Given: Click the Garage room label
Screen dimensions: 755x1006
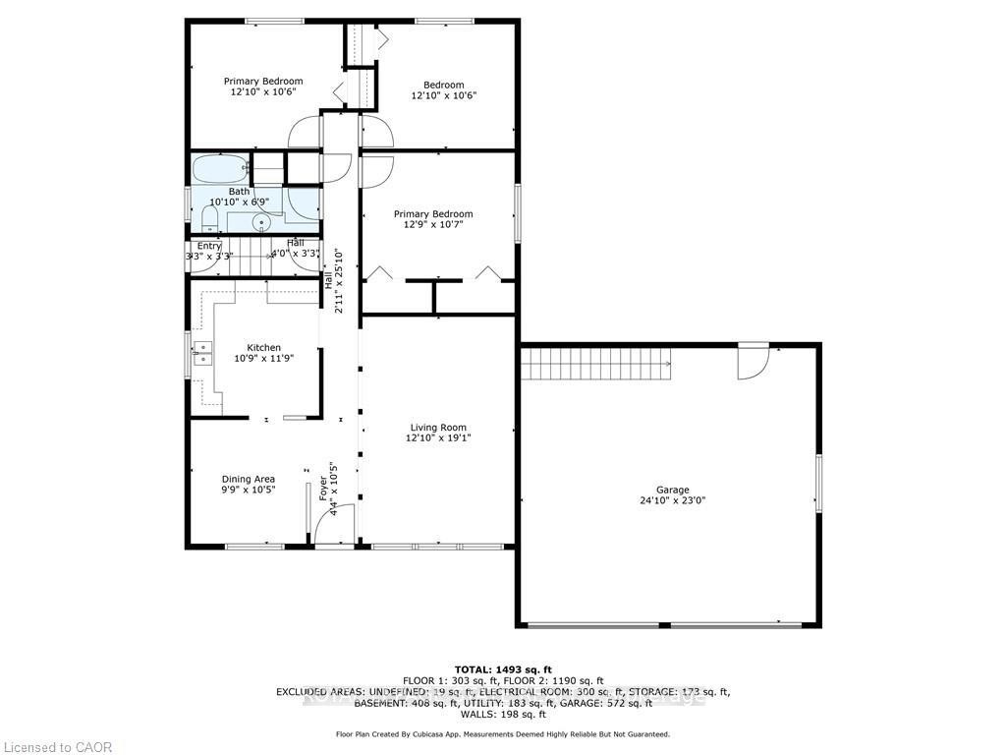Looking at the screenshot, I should click(673, 490).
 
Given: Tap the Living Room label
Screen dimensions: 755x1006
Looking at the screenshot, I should click(438, 428).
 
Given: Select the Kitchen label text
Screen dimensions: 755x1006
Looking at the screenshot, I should click(263, 348).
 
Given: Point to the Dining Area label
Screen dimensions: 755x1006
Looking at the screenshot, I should click(248, 480).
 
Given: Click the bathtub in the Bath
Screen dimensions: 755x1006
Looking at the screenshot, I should click(221, 169).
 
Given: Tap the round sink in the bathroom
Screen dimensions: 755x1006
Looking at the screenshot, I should click(261, 223).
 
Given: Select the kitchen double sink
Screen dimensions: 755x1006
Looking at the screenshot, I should click(202, 353).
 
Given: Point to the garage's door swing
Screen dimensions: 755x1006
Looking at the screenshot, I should click(754, 364).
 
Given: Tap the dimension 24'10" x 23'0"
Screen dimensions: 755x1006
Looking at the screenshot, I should click(673, 500).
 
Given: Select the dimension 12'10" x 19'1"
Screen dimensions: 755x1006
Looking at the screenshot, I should click(438, 438).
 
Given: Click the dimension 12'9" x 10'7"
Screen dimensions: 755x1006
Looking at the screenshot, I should click(433, 225).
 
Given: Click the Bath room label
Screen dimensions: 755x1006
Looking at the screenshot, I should click(239, 192).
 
